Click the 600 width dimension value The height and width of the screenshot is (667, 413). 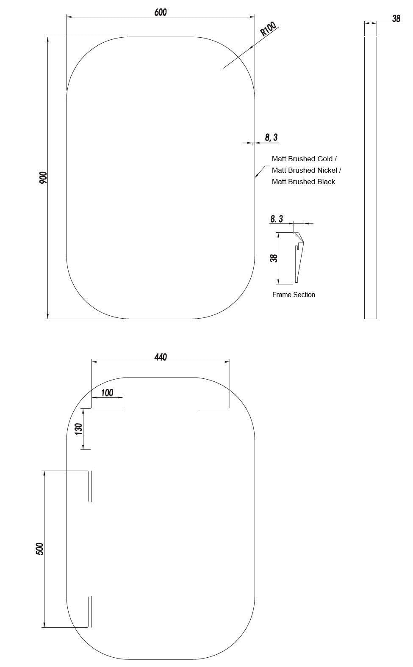click(160, 12)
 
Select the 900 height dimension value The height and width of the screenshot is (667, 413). click(43, 177)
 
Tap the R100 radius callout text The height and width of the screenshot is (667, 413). click(268, 29)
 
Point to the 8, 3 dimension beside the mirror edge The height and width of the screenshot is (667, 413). click(271, 137)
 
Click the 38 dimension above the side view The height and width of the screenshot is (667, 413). click(396, 19)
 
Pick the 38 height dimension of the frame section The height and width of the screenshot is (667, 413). click(274, 258)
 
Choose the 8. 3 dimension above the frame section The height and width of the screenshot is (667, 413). click(277, 219)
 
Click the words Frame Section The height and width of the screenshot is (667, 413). click(294, 295)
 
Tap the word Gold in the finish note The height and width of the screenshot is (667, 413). click(325, 159)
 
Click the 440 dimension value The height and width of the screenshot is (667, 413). click(161, 357)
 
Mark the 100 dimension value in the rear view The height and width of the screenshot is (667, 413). click(107, 393)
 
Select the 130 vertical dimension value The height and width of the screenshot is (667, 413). click(78, 429)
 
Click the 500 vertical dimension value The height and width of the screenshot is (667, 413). click(40, 549)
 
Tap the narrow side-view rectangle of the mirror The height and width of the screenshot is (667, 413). click(370, 178)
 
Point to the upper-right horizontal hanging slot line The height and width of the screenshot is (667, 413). click(214, 412)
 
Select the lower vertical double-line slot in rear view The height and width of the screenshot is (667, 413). click(90, 612)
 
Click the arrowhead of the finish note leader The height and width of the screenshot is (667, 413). click(256, 176)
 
